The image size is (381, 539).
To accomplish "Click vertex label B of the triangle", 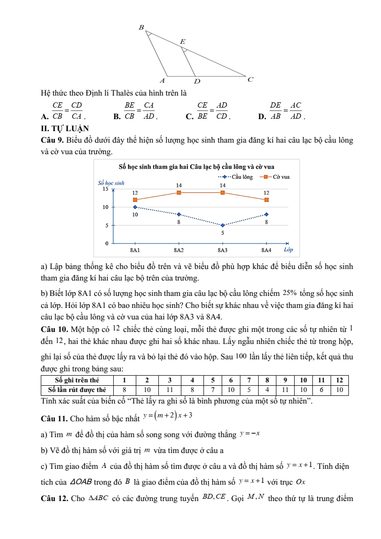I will [x=141, y=28].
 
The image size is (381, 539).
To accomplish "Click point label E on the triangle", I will [x=182, y=42].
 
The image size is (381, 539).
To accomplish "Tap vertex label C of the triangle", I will [x=250, y=79].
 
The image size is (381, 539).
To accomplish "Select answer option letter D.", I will [x=262, y=116].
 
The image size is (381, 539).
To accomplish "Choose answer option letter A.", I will [x=45, y=116].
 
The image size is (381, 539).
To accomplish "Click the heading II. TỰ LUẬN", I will [x=65, y=128].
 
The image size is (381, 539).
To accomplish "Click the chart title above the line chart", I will [x=196, y=167].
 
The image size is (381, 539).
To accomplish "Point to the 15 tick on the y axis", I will [x=105, y=189].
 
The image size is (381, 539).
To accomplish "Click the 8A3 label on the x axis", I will [x=223, y=250].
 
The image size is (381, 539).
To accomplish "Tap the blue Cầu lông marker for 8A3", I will [x=223, y=225].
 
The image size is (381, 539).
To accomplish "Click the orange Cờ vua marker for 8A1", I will [x=135, y=200].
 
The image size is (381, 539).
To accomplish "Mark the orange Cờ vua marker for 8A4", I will [x=266, y=200].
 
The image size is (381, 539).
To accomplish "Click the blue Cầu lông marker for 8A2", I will [x=179, y=214].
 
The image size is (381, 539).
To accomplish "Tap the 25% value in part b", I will [x=290, y=293].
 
